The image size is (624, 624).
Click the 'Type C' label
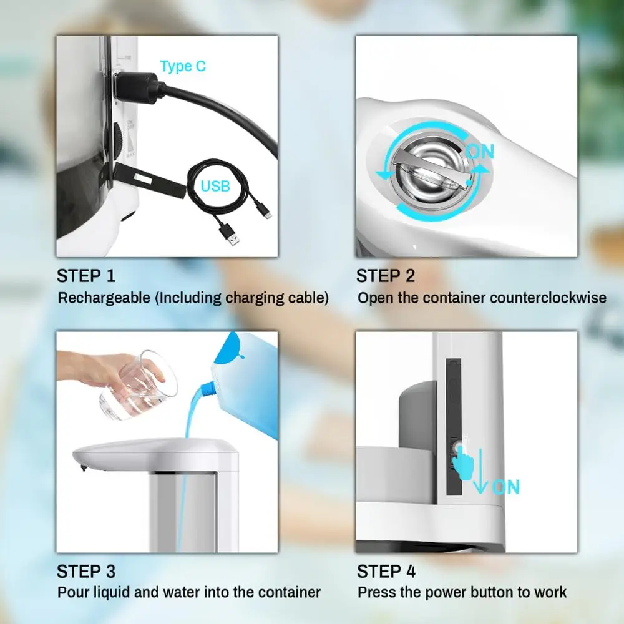point(183,66)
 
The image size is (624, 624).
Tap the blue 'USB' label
point(215,186)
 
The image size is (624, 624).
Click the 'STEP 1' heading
point(86,276)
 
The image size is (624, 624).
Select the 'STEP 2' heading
point(386,276)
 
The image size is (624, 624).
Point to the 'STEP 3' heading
point(86,571)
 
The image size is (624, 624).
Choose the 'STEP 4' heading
point(386,571)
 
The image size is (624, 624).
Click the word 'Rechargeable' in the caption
point(105,298)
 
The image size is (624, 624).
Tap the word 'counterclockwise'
point(548,298)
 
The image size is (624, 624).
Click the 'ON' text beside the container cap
point(479,152)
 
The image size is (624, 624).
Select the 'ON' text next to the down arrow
point(505,487)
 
